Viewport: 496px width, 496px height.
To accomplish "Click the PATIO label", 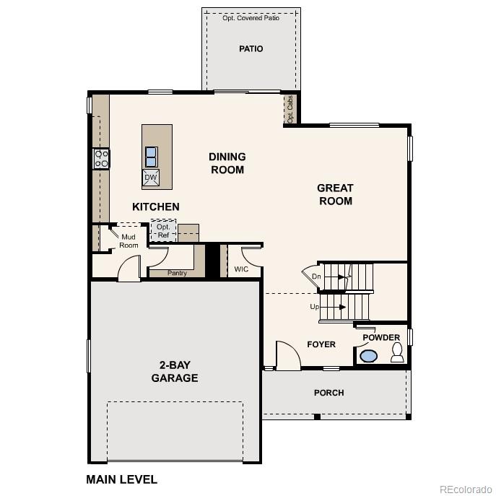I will click(251, 49).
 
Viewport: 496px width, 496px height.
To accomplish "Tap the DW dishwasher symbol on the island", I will click(151, 178).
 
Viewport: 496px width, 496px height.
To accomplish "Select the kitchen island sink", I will click(151, 156).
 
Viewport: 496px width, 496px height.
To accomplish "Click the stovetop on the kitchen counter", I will click(101, 158).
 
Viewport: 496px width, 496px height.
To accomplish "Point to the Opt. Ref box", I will click(163, 231).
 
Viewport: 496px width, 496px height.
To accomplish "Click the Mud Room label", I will click(129, 241).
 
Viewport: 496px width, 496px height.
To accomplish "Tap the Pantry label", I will click(177, 273).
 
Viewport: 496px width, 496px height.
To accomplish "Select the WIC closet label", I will click(241, 269).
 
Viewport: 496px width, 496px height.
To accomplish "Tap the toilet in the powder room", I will click(396, 352).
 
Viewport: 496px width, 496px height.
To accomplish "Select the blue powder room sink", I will click(369, 356).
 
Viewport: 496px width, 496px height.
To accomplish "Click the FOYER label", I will click(321, 344).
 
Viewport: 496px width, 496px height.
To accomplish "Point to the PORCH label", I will click(329, 393).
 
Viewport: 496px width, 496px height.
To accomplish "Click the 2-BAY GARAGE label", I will click(174, 372).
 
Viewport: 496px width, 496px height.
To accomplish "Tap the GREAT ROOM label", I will click(335, 194).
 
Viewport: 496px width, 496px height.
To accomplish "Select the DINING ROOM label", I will click(227, 162).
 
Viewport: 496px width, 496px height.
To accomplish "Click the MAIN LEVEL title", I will click(121, 479).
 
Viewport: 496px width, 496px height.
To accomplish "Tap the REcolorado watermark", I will click(465, 488).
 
